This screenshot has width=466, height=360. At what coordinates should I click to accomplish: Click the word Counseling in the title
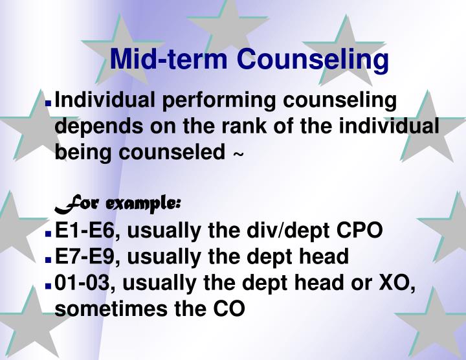point(312,60)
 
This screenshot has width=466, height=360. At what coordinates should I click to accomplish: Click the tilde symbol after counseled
point(238,154)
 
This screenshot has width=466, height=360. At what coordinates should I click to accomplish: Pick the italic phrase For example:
point(117,203)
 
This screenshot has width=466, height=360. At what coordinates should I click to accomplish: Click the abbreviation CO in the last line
point(229,309)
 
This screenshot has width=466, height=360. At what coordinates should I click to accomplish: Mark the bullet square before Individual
point(49,103)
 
